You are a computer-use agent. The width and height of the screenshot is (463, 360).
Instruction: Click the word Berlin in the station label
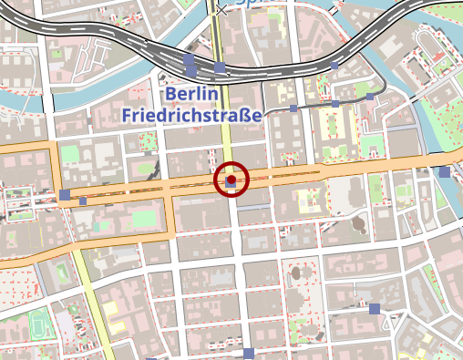pyautogui.click(x=190, y=95)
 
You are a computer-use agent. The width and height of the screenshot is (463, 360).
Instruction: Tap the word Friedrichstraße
pyautogui.click(x=191, y=116)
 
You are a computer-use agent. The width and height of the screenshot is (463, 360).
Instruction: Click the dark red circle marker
pyautogui.click(x=231, y=180)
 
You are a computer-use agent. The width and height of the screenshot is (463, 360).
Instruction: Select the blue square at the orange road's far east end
pyautogui.click(x=444, y=171)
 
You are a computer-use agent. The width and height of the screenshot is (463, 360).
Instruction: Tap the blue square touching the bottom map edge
pyautogui.click(x=248, y=354)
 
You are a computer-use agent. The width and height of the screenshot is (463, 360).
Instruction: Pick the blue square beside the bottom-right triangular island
pyautogui.click(x=375, y=309)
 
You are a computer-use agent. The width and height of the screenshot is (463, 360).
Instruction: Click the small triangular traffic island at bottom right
pyautogui.click(x=393, y=321)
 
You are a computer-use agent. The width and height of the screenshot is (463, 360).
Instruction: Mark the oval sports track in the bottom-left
pyautogui.click(x=38, y=324)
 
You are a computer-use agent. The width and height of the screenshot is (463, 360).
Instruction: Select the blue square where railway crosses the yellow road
pyautogui.click(x=220, y=67)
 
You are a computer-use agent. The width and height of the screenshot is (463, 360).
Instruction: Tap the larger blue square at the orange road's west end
pyautogui.click(x=64, y=194)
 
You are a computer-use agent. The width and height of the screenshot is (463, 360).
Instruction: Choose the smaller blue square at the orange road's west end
pyautogui.click(x=83, y=201)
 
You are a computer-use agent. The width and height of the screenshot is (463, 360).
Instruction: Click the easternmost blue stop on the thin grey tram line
pyautogui.click(x=370, y=96)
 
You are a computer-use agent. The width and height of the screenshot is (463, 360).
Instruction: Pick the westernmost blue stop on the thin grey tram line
pyautogui.click(x=293, y=108)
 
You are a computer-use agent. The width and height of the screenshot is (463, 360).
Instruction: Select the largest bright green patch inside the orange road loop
pyautogui.click(x=145, y=219)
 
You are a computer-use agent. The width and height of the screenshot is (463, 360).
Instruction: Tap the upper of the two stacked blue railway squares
pyautogui.click(x=190, y=60)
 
